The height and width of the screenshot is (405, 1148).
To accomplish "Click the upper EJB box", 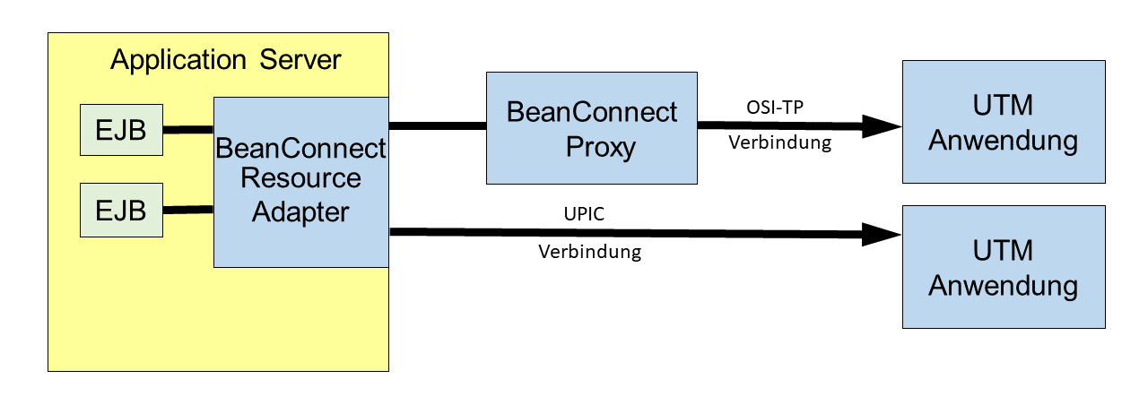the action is coord(121,130).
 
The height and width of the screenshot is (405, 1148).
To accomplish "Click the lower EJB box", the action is coord(121,211).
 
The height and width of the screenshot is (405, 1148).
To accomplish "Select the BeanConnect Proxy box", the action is coord(592,128).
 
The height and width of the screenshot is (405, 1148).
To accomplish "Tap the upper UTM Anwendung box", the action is coord(1004,122).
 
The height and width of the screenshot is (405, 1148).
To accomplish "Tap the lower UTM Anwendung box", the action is coord(1004,267).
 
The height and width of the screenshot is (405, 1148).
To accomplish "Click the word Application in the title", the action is coord(178,60).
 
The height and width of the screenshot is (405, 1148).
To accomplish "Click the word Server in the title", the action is coord(300,60).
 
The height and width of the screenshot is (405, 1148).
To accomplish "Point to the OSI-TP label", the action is coord(775,108).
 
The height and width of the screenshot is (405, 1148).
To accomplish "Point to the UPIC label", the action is coord(584,214).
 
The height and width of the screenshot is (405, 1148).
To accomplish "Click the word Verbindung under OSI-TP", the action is coord(780,142).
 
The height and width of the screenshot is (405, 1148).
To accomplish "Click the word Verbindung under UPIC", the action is coord(590,252).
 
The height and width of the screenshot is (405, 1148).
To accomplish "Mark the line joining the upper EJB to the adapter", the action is coord(188,130).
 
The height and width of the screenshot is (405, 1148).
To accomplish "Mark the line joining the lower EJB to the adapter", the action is coord(188,210).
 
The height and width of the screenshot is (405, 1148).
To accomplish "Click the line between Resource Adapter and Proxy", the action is coord(438,126).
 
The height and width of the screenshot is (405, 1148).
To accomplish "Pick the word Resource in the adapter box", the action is coord(300,178).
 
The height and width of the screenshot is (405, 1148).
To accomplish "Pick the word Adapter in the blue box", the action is coord(300,212).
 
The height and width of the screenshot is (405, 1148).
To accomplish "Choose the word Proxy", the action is coord(601,148).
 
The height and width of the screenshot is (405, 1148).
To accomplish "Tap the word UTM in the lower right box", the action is coord(1003,251).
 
